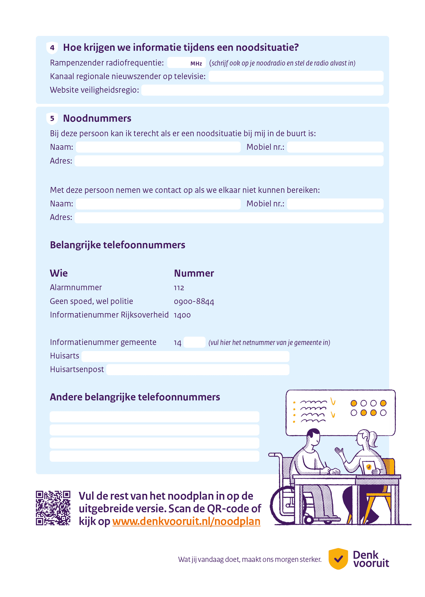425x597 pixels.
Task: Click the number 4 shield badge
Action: tap(52, 48)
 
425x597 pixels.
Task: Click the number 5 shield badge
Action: tap(52, 118)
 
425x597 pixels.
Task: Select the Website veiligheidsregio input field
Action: tap(262, 90)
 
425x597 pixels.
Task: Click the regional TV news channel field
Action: tap(296, 77)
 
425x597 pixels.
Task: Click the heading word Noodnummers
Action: tap(97, 118)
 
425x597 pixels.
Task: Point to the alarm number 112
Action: tap(179, 288)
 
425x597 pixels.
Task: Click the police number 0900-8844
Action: tap(194, 302)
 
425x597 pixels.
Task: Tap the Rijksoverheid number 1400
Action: tap(182, 315)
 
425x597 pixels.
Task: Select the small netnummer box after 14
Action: tap(194, 342)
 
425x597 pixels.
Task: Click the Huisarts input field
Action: tap(185, 356)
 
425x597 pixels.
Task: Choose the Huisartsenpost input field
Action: tap(198, 370)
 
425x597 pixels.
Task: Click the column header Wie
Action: tap(59, 273)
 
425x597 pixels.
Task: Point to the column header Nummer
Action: tap(194, 273)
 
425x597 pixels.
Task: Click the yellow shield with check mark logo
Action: tap(338, 559)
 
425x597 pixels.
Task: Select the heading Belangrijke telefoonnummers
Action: tap(118, 245)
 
